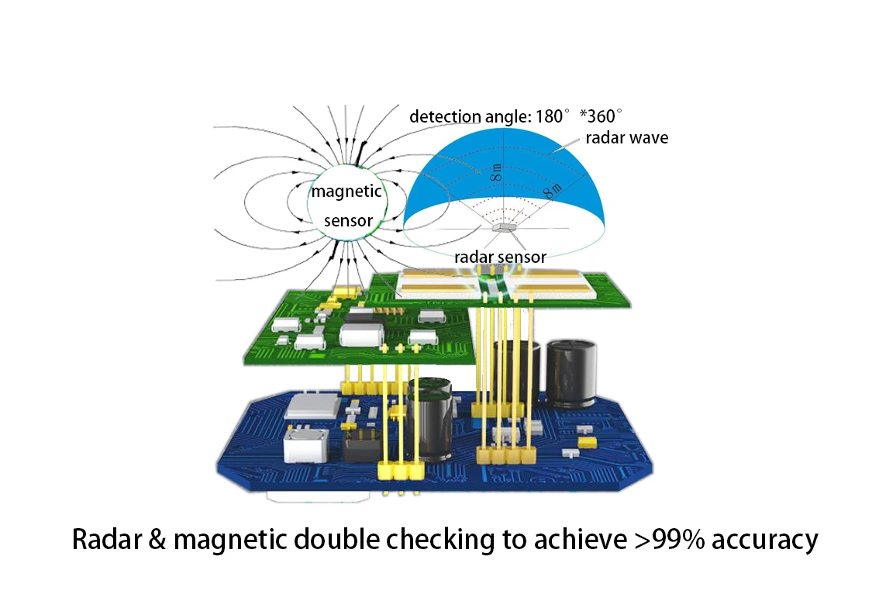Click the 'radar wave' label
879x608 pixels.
point(626,138)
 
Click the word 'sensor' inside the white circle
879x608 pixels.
point(349,221)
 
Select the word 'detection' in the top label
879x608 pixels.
point(445,117)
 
